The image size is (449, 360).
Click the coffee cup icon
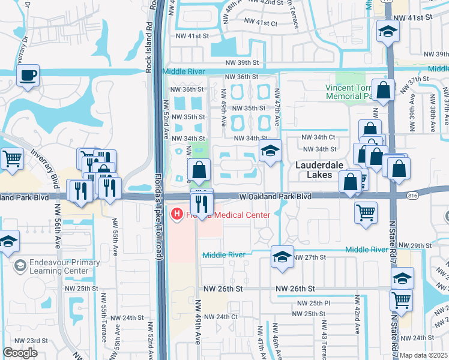pyautogui.click(x=28, y=76)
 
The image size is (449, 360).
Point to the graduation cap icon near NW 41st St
pyautogui.click(x=388, y=32)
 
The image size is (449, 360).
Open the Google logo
pyautogui.click(x=20, y=353)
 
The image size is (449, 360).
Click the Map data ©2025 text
pyautogui.click(x=424, y=355)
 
